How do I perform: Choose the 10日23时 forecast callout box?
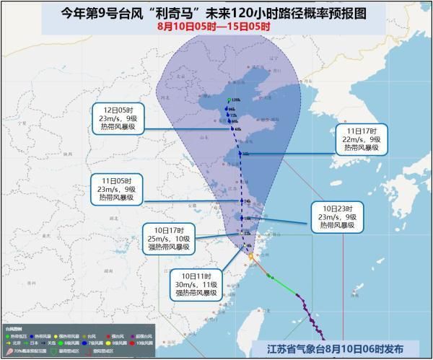(x=336, y=216)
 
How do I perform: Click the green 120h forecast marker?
(x=229, y=100)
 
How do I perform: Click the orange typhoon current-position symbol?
(x=250, y=255)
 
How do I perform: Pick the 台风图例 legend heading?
(x=14, y=328)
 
